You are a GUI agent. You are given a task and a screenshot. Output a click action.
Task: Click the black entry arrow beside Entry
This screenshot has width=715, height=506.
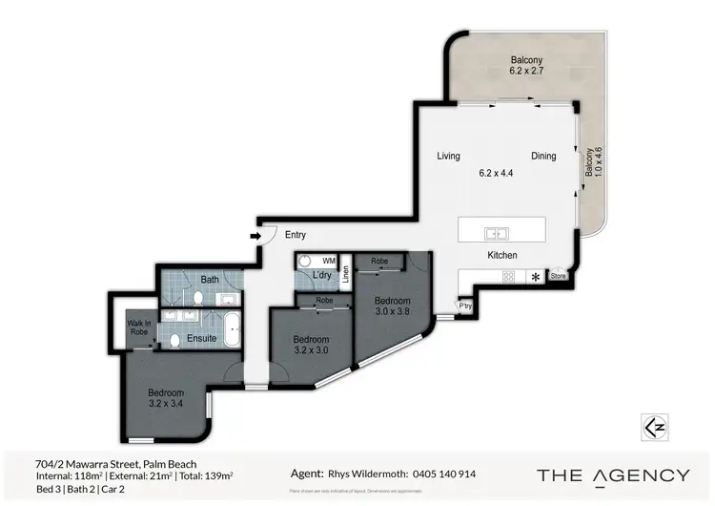255,235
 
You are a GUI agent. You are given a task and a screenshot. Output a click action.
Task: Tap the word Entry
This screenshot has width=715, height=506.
296,235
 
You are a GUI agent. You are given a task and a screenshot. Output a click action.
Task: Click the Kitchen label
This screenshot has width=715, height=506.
502,256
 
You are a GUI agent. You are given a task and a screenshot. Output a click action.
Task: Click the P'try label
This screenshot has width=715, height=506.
465,306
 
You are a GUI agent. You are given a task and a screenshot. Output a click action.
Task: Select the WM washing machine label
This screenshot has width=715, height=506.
329,261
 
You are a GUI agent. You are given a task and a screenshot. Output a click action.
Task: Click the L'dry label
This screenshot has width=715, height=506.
322,277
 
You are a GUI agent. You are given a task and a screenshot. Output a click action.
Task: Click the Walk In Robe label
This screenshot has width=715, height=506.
140,329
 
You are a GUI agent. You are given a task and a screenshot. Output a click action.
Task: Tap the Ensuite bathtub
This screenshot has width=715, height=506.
229,337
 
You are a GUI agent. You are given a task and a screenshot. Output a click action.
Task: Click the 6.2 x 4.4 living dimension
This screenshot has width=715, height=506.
496,173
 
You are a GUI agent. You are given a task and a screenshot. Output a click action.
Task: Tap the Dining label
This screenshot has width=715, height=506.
543,157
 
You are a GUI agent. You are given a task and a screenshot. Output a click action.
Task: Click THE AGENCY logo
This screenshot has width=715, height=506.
613,474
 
